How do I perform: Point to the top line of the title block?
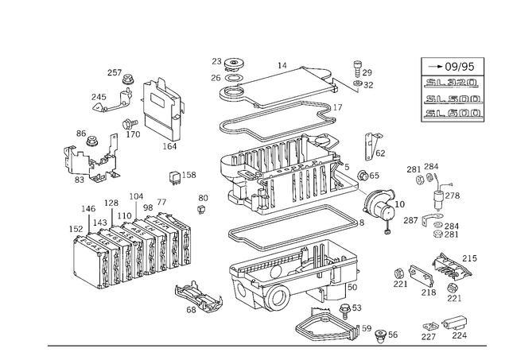coord(454,68)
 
